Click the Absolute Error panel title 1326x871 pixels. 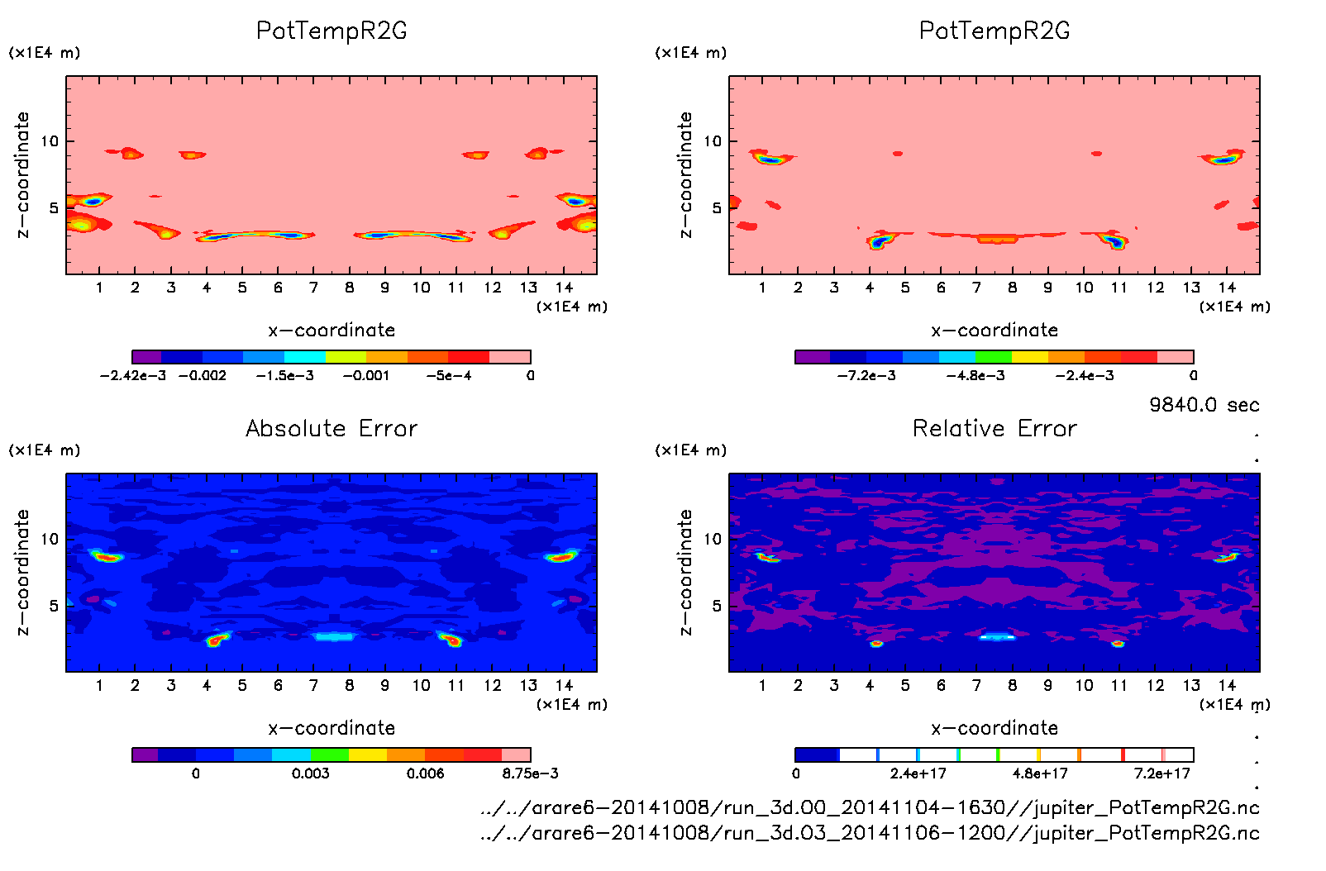(x=331, y=428)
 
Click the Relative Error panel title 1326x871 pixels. (x=994, y=428)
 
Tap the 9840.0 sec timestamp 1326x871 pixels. (x=1204, y=405)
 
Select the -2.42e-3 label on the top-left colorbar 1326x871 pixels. (x=132, y=375)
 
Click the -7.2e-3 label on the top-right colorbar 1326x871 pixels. (x=866, y=375)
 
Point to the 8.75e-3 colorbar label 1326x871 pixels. (x=530, y=773)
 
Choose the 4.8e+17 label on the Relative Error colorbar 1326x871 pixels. (x=1040, y=773)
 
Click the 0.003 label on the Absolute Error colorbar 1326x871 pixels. (x=310, y=773)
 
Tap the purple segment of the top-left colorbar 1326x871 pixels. (x=146, y=357)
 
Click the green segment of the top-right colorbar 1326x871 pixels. (x=994, y=357)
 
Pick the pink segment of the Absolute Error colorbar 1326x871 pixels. (x=516, y=754)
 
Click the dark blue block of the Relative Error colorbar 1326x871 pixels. (x=817, y=754)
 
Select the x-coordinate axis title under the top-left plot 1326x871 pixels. (x=331, y=331)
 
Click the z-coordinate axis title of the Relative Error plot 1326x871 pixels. (x=684, y=572)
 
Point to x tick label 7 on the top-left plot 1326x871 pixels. (x=313, y=288)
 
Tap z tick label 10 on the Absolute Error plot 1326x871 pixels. (x=50, y=539)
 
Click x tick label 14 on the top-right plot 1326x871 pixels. (x=1227, y=288)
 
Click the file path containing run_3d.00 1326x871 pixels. (x=870, y=807)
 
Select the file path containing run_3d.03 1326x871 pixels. (x=870, y=833)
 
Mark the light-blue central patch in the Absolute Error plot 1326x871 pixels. (x=334, y=637)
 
